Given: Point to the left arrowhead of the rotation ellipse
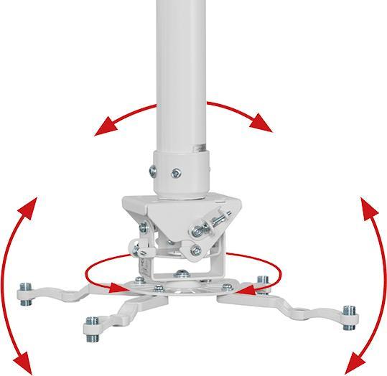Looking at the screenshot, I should pos(113,288).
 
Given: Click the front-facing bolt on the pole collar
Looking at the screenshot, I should pos(176,172).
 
